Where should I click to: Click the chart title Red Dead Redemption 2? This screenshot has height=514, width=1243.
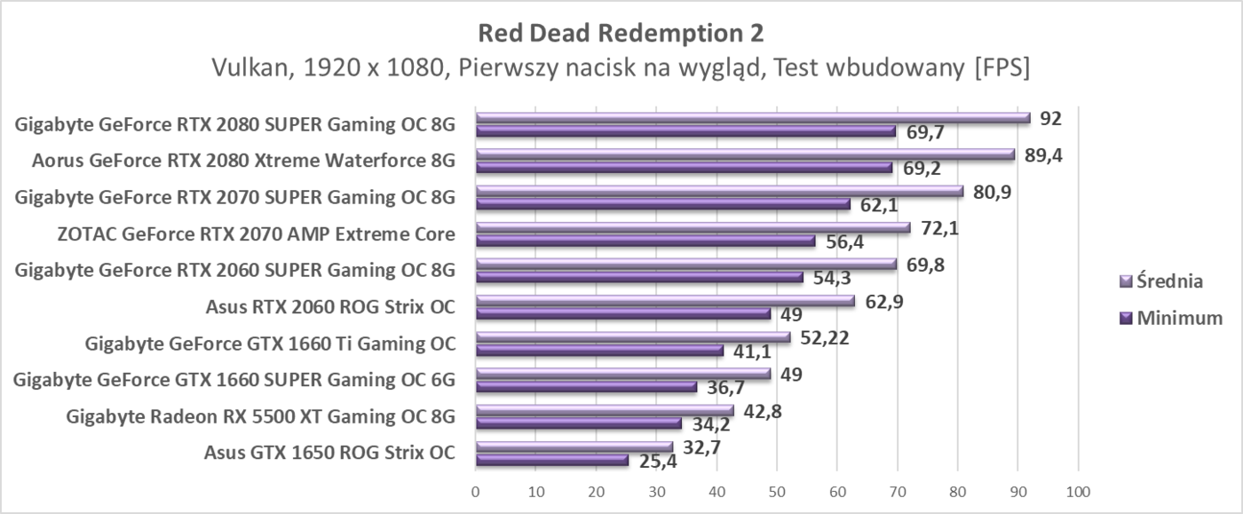[x=621, y=33]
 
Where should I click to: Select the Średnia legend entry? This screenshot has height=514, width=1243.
[x=1168, y=281]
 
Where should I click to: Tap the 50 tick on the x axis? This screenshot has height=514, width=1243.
[x=777, y=491]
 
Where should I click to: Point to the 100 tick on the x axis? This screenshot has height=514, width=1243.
[x=1077, y=491]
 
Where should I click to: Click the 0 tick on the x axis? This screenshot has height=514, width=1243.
[x=476, y=491]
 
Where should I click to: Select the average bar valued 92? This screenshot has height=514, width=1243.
[x=753, y=117]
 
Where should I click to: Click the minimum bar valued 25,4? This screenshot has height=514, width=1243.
[x=551, y=460]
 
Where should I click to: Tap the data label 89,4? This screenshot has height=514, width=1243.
[x=1044, y=155]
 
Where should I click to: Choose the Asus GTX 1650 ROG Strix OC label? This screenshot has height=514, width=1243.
[x=329, y=453]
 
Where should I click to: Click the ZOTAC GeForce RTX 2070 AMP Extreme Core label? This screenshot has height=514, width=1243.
[x=256, y=234]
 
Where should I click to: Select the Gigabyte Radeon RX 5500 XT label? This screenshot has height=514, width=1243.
[x=261, y=416]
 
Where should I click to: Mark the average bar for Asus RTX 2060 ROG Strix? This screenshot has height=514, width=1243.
[x=665, y=300]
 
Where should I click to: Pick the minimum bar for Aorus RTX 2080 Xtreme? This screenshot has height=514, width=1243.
[x=684, y=167]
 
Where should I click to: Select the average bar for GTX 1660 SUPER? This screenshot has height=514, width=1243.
[x=623, y=373]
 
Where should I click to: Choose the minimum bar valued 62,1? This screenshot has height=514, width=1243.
[x=662, y=203]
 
